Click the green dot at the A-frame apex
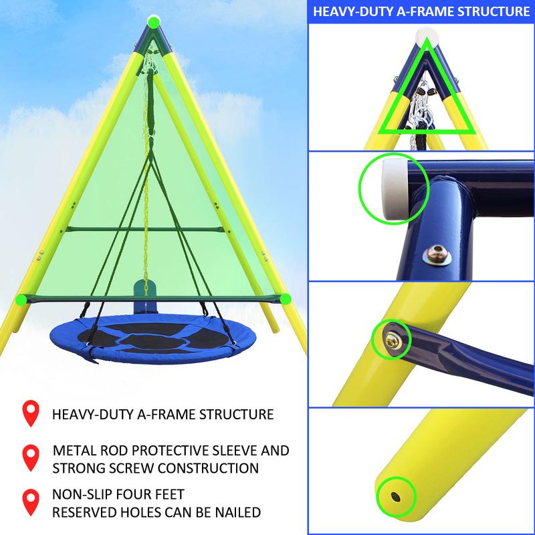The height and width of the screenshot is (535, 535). click(154, 22)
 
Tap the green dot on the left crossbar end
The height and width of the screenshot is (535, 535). click(21, 299)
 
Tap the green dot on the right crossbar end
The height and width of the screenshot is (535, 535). click(286, 298)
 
